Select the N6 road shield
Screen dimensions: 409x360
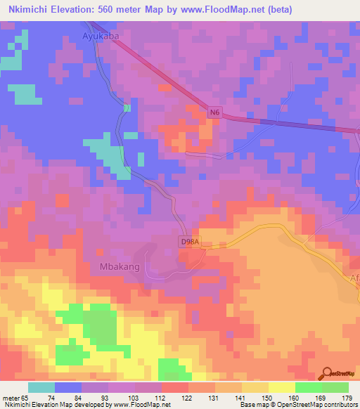[214, 112]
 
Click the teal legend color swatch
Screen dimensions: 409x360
[41, 387]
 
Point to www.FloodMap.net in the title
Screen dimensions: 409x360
[218, 10]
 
